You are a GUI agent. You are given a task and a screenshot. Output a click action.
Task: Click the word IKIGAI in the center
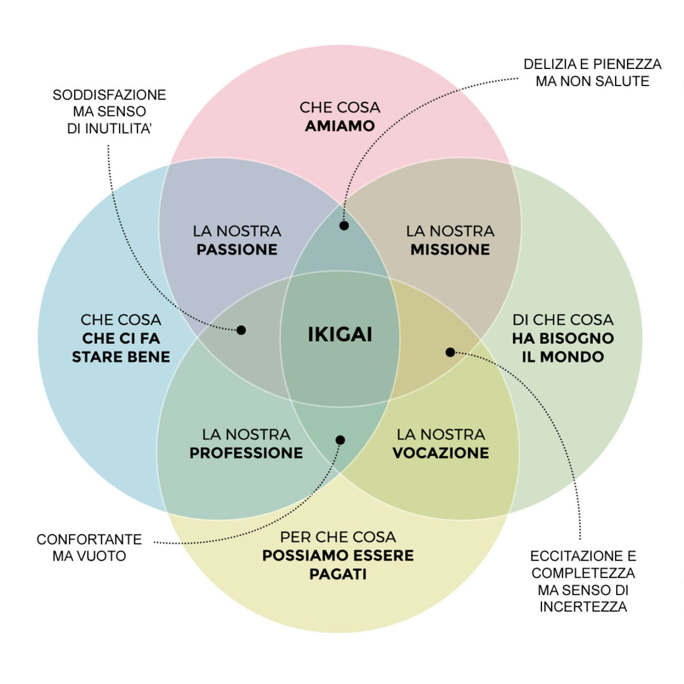pos(340,334)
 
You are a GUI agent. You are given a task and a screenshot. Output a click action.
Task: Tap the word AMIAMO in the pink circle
pos(339,126)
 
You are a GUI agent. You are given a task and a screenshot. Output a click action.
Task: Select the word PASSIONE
pos(237,250)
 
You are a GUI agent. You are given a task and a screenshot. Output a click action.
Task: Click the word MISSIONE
pos(450,250)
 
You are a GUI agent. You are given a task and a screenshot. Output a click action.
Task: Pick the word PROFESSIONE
pos(246,453)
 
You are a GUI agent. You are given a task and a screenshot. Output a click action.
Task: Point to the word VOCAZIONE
pos(441,453)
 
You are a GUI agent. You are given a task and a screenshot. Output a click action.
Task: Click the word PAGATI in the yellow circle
pos(338,575)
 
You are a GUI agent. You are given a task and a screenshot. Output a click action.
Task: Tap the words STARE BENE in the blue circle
pos(121,357)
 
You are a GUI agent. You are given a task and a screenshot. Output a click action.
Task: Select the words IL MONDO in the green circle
pos(563,357)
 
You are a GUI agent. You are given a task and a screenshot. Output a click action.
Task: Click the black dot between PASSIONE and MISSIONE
pos(344,225)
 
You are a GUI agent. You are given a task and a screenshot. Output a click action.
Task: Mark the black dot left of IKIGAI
pos(241,329)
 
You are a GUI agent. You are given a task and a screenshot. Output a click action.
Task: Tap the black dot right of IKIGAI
pos(450,352)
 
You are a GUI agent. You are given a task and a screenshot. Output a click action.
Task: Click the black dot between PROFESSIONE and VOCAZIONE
pos(340,440)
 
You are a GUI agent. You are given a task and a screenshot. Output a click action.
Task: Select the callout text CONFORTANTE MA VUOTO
pos(89,548)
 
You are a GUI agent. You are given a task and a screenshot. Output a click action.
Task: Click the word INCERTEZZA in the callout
pos(583,607)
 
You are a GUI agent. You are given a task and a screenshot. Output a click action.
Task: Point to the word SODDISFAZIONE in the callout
pos(109,95)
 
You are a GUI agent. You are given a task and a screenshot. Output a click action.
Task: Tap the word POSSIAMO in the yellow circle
pos(300,555)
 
